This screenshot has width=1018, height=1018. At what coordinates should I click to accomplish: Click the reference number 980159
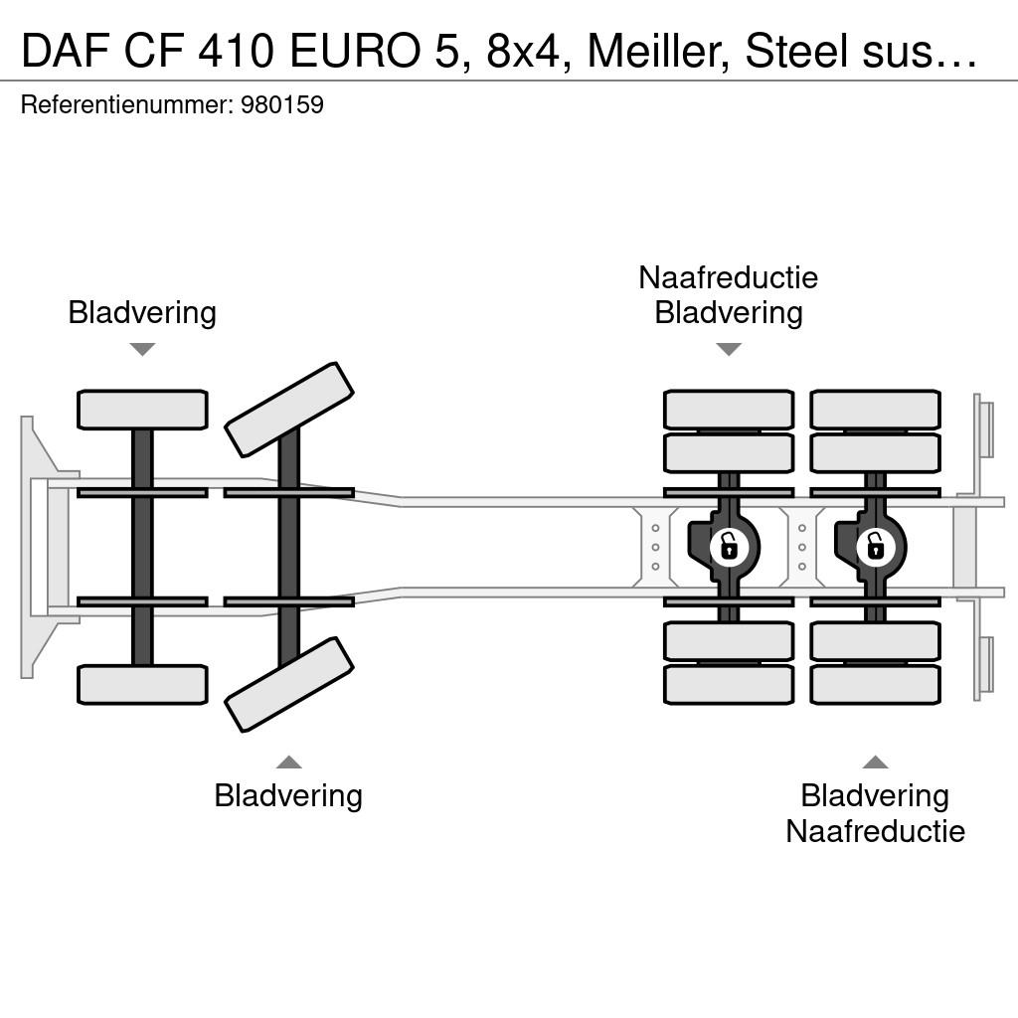click(x=281, y=104)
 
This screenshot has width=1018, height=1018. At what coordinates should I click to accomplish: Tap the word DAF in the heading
click(x=65, y=51)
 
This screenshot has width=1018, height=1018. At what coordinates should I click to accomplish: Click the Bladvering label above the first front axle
click(x=142, y=313)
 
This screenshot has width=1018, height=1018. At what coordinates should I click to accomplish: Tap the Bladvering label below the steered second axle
click(x=288, y=796)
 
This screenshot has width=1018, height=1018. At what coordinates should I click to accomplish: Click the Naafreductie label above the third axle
click(x=729, y=278)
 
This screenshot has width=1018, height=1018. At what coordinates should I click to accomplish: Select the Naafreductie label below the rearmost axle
click(x=875, y=832)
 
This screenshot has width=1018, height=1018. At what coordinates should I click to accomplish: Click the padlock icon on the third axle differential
click(x=729, y=547)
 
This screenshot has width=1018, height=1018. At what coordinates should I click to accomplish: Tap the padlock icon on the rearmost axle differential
click(x=875, y=547)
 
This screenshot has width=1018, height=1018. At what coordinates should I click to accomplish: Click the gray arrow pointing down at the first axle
click(x=142, y=349)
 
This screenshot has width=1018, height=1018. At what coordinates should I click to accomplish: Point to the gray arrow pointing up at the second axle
click(x=289, y=762)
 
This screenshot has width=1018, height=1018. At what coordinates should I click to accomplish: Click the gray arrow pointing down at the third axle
click(x=729, y=349)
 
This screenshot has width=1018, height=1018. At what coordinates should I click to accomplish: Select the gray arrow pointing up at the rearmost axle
click(x=875, y=762)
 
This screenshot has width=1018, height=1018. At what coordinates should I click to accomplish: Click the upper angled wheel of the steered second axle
click(x=289, y=410)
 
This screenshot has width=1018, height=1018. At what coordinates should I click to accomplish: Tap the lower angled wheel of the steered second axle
click(x=289, y=684)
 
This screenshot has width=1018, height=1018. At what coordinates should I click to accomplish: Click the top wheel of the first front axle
click(x=142, y=410)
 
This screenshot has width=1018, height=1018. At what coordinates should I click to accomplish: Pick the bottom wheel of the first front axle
click(x=142, y=684)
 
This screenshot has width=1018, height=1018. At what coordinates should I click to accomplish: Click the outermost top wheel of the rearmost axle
click(x=875, y=410)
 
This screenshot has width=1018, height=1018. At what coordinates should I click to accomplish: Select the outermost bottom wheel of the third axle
click(x=729, y=684)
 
